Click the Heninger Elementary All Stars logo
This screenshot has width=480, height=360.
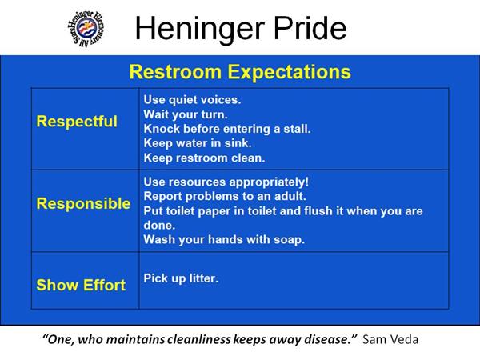pyautogui.click(x=86, y=29)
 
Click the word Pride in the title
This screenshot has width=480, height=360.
pyautogui.click(x=310, y=28)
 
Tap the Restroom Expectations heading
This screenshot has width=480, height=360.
pyautogui.click(x=240, y=72)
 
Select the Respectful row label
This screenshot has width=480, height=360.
pyautogui.click(x=77, y=122)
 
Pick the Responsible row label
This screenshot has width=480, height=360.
pyautogui.click(x=83, y=203)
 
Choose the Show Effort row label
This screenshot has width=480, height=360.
pyautogui.click(x=81, y=285)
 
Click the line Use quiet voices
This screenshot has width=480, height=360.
pyautogui.click(x=192, y=100)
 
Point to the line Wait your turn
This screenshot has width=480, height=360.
pyautogui.click(x=186, y=114)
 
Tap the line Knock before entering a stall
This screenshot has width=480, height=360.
pyautogui.click(x=227, y=129)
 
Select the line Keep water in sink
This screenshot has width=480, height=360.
pyautogui.click(x=198, y=143)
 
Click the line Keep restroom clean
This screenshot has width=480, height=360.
pyautogui.click(x=204, y=158)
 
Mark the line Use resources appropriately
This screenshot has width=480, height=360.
pyautogui.click(x=226, y=182)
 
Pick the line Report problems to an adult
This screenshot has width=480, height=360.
pyautogui.click(x=225, y=196)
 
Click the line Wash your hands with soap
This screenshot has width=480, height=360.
pyautogui.click(x=224, y=239)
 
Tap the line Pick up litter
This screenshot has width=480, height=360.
pyautogui.click(x=181, y=278)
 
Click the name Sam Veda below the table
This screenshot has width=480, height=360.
pyautogui.click(x=390, y=339)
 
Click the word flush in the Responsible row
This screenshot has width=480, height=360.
pyautogui.click(x=318, y=211)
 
